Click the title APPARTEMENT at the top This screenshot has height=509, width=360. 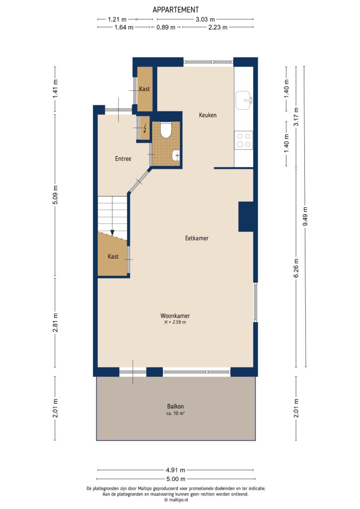[x=176, y=9]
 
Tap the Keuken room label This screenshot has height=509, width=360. [x=208, y=115]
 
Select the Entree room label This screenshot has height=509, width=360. [x=123, y=159]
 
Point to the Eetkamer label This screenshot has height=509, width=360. [x=196, y=238]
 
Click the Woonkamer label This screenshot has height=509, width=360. [x=175, y=316]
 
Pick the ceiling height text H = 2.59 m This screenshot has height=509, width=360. [x=175, y=323]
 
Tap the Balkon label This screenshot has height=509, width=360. [x=176, y=406]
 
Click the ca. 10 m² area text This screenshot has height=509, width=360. [x=176, y=414]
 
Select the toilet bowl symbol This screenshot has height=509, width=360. [x=166, y=130]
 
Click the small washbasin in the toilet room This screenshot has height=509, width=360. [x=176, y=156]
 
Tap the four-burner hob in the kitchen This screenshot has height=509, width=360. [x=244, y=140]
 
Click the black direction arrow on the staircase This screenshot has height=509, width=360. [x=113, y=232]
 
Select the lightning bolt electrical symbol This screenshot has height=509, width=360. [x=145, y=129]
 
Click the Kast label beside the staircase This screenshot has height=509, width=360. [x=113, y=256]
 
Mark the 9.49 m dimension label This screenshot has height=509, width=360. [x=305, y=216]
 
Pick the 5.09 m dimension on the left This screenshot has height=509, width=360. [x=56, y=195]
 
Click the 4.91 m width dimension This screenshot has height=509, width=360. [x=176, y=470]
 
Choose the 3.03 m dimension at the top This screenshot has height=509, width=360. [x=204, y=19]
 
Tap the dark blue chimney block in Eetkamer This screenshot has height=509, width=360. [x=246, y=216]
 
